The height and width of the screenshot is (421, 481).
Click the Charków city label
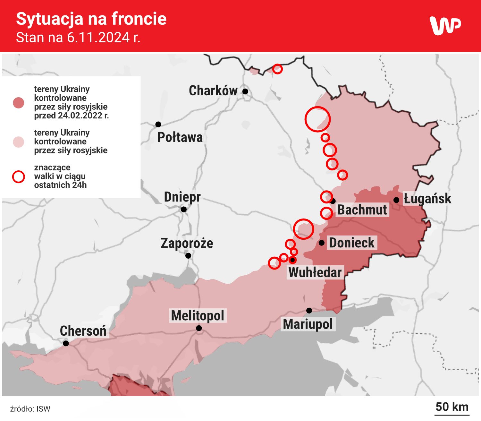coord(213,91)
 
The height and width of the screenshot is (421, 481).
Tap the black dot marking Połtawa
coord(158,124)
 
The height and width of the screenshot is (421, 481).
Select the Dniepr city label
coord(182,197)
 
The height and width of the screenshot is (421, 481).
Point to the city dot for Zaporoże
coord(188,255)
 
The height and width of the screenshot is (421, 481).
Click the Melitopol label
coord(198,315)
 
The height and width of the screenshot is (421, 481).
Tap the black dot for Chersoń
coord(66,343)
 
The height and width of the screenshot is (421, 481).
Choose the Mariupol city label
coord(308,324)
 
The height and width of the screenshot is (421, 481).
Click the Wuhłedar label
coord(315,272)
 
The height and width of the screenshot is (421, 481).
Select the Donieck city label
coord(352,243)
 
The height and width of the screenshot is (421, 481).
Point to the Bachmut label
coord(362,210)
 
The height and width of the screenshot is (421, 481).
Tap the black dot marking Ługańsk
coord(396,200)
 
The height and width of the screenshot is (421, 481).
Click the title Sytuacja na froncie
coord(91,19)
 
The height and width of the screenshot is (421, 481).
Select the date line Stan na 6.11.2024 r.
coord(78,38)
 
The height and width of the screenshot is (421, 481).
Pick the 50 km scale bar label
coord(452,407)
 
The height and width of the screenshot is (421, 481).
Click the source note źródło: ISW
coord(30,409)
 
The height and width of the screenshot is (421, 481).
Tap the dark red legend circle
coord(19,103)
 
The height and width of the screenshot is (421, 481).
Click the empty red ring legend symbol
coord(19,176)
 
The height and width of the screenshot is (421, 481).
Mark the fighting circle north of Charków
coord(277,69)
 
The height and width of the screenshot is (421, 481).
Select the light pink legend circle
coord(19,142)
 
